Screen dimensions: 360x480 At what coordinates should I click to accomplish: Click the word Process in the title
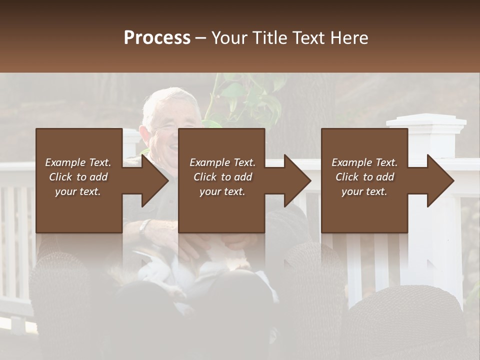pyautogui.click(x=157, y=37)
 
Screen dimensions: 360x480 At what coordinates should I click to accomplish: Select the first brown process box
pyautogui.click(x=79, y=210)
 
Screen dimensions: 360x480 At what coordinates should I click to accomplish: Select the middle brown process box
pyautogui.click(x=221, y=210)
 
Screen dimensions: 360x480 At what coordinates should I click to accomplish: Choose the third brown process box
pyautogui.click(x=364, y=210)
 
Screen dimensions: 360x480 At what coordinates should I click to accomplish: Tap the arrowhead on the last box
pyautogui.click(x=439, y=180)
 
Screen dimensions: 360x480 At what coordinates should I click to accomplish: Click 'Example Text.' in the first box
pyautogui.click(x=78, y=162)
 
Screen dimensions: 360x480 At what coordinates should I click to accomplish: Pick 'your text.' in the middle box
pyautogui.click(x=222, y=191)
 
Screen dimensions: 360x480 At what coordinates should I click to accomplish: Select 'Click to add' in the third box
pyautogui.click(x=364, y=177)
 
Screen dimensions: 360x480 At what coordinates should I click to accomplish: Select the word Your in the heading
pyautogui.click(x=229, y=37)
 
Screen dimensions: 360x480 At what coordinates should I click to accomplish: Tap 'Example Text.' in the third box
pyautogui.click(x=364, y=162)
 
